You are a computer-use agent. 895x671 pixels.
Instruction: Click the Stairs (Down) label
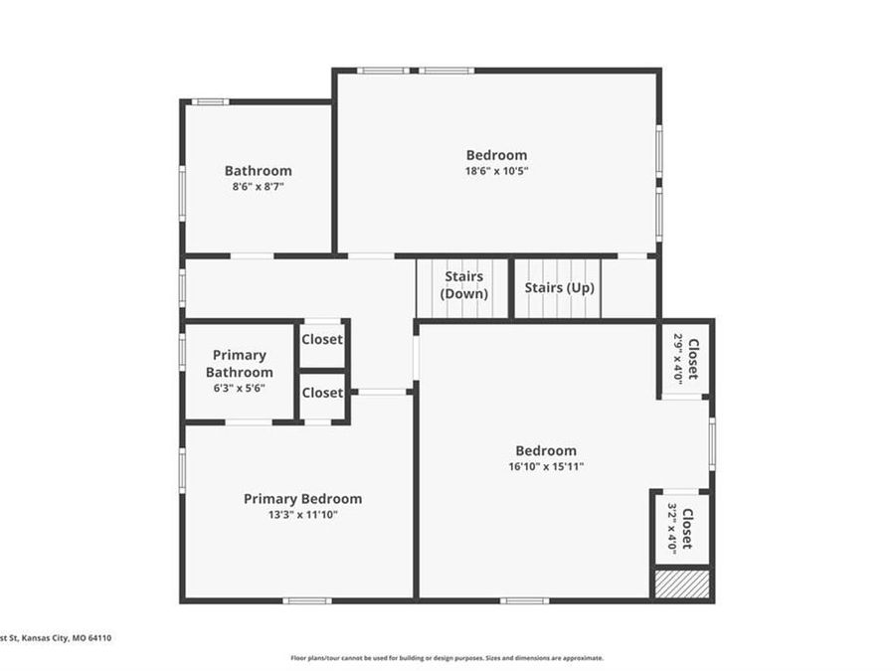tap(463, 284)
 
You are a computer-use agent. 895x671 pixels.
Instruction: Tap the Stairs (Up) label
tap(559, 287)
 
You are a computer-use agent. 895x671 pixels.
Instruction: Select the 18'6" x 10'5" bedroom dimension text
tap(496, 171)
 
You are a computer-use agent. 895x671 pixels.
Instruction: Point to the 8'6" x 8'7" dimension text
tap(258, 186)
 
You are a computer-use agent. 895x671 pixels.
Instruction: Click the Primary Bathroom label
tap(239, 364)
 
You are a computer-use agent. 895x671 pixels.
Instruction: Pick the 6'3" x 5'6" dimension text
tap(239, 388)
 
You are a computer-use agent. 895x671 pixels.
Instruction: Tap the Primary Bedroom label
tap(302, 499)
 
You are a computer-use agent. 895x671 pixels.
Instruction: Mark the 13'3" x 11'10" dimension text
tap(303, 515)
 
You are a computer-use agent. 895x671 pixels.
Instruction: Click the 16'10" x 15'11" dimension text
tap(546, 467)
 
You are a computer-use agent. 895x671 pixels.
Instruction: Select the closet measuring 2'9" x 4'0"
tap(685, 360)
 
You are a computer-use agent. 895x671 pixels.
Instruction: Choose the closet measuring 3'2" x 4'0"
tap(681, 529)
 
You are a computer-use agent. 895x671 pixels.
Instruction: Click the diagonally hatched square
tap(681, 584)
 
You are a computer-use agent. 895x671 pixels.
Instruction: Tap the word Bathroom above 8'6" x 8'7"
tap(258, 171)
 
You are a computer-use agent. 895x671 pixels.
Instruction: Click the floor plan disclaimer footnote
tap(447, 658)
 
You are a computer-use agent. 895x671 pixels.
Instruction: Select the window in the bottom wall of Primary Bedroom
tap(307, 600)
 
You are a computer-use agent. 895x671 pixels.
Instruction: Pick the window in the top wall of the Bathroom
tap(210, 102)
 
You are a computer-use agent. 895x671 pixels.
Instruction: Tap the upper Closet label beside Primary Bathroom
tap(322, 340)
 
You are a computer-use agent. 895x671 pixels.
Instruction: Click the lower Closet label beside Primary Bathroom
tap(322, 393)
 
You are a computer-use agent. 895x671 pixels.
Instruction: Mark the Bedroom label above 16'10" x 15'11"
tap(546, 450)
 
